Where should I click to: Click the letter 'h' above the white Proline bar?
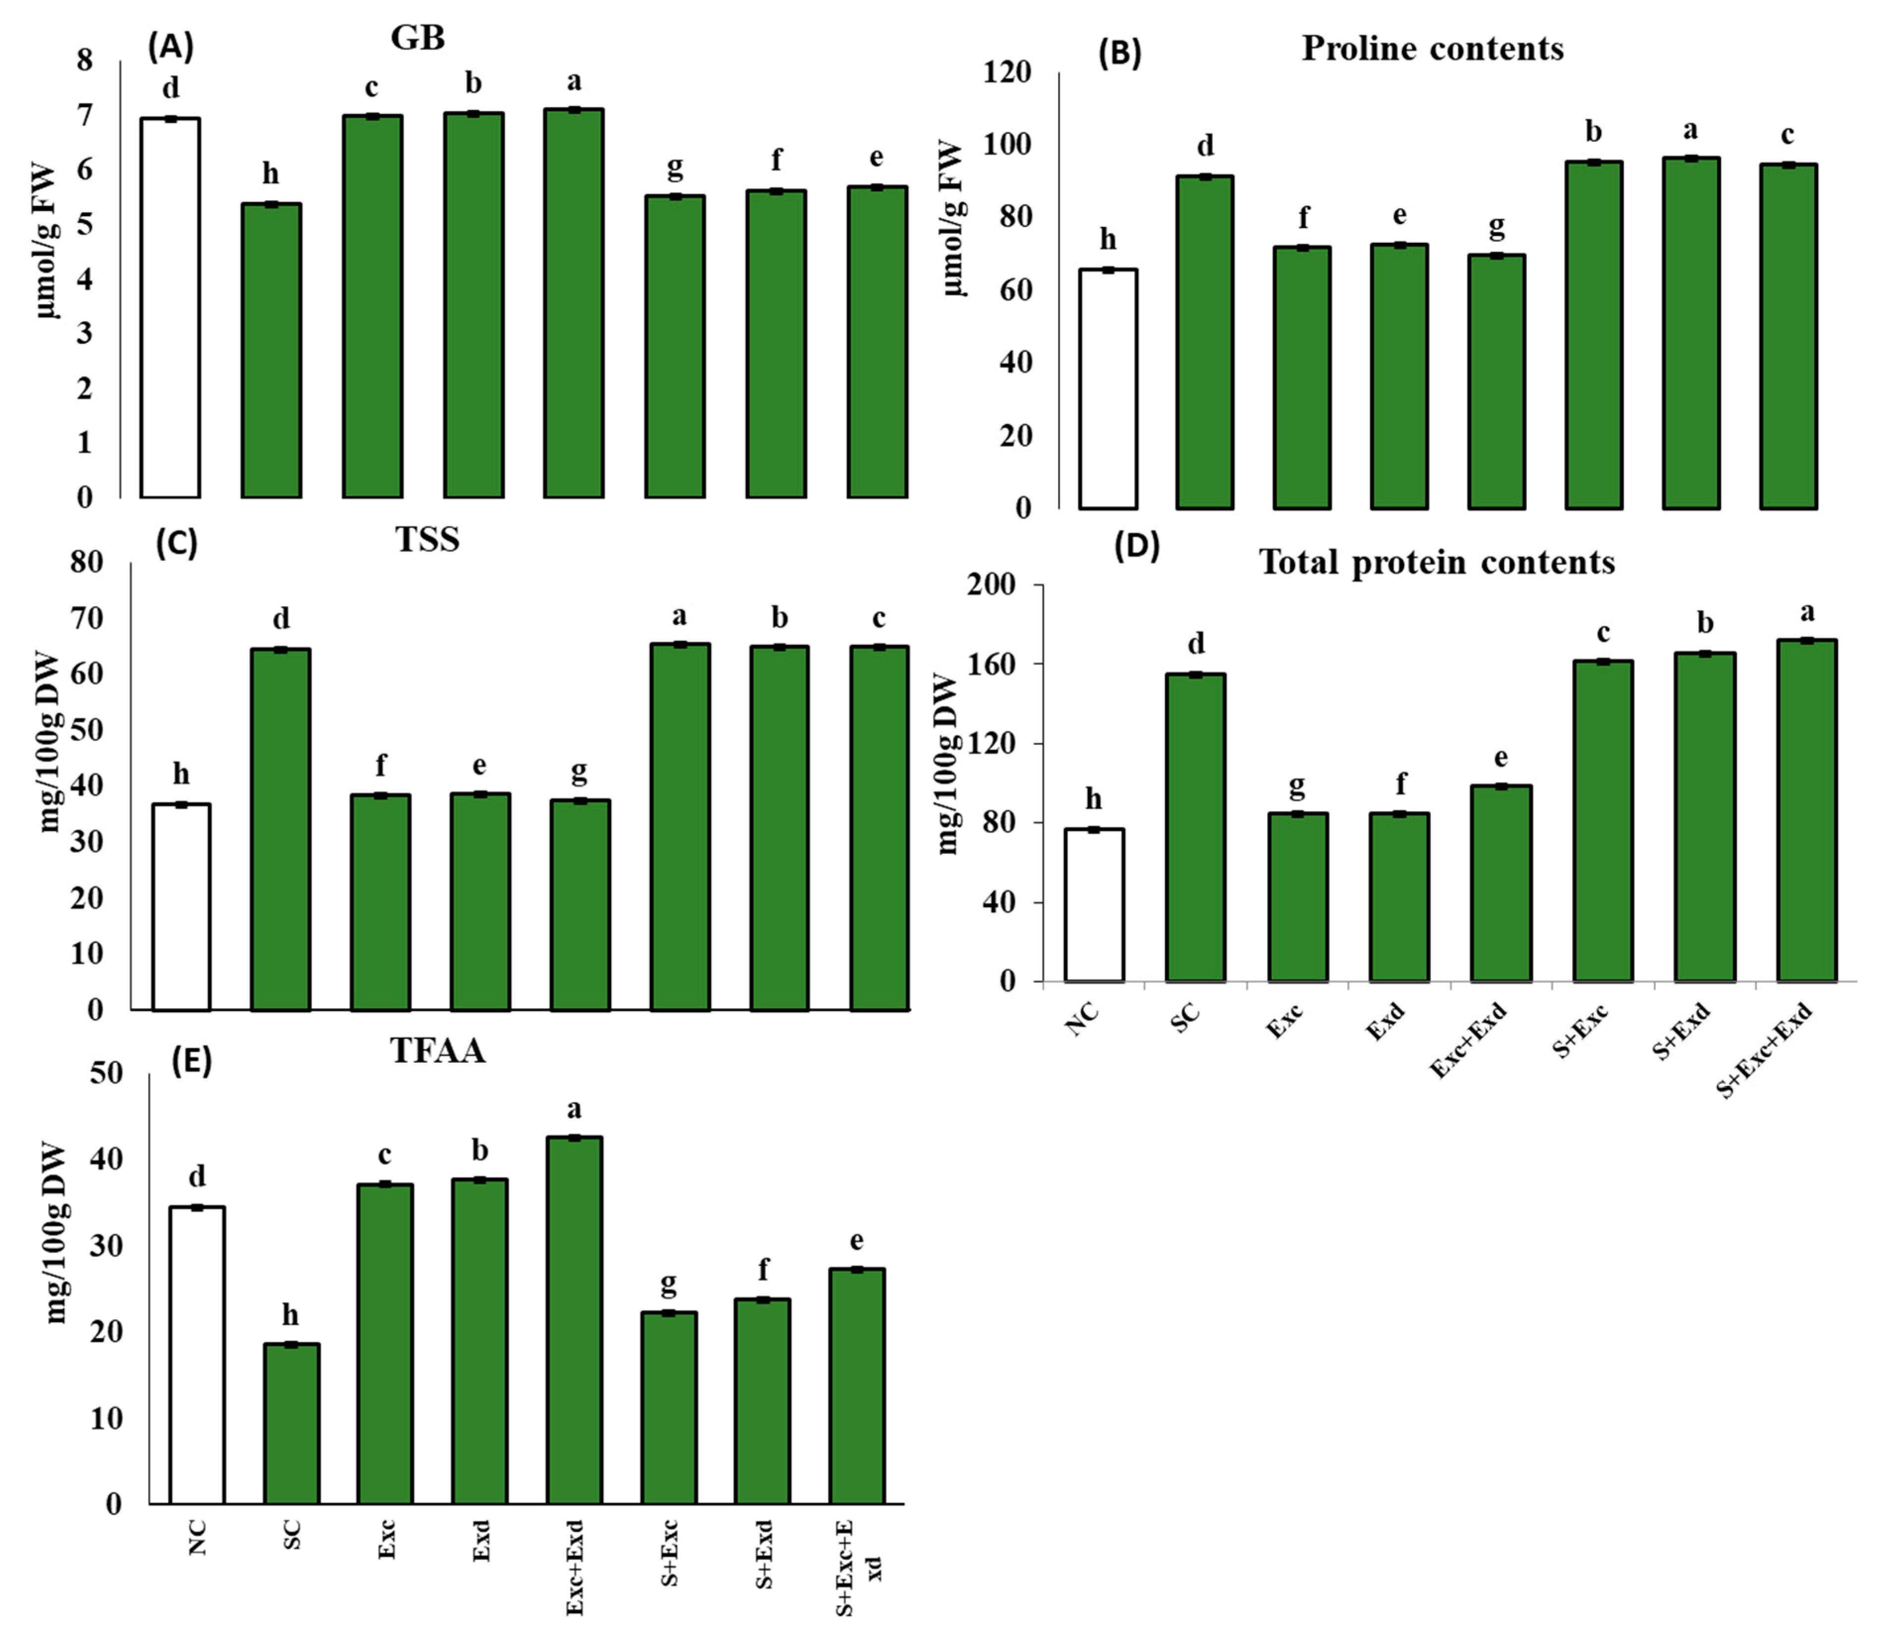(1107, 240)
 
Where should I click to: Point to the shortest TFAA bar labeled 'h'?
(291, 1423)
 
